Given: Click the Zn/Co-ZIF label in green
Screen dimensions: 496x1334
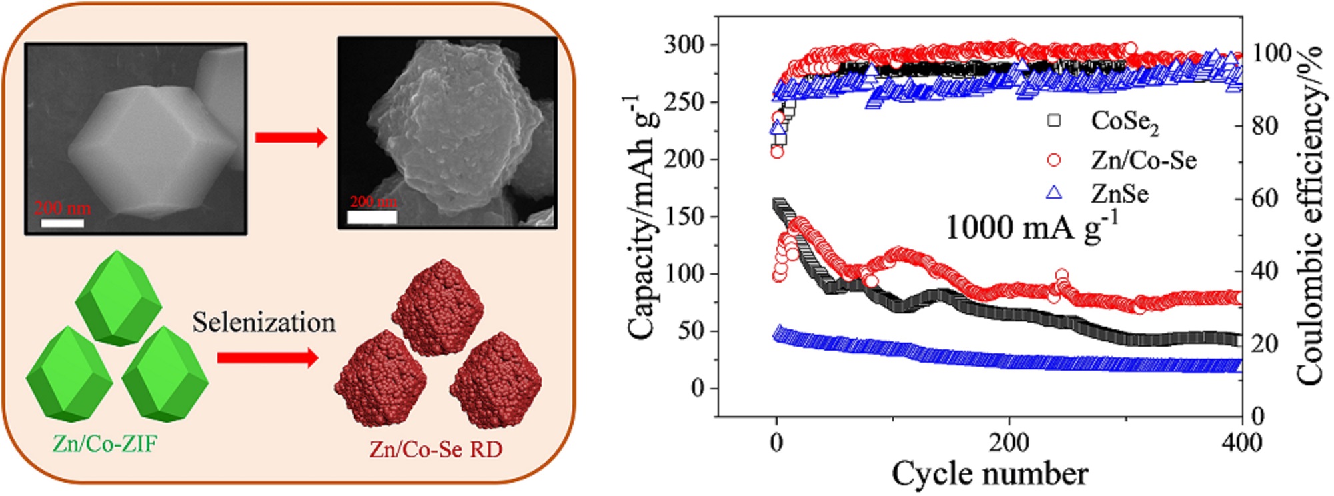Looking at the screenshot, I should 105,443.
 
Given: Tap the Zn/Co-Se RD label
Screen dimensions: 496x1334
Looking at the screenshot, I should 436,449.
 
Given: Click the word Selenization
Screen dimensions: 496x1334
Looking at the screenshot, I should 264,323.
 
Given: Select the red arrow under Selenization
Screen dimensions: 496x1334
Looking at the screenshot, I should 267,358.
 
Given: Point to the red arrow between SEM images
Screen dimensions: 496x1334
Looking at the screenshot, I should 291,138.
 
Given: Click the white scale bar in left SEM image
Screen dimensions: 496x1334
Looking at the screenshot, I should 63,223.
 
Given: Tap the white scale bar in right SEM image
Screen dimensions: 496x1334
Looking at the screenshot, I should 372,217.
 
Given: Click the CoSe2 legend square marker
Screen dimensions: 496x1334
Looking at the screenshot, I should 1054,121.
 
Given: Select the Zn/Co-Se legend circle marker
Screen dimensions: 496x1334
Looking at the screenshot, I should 1054,160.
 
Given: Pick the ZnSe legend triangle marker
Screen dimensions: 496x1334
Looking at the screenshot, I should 1054,193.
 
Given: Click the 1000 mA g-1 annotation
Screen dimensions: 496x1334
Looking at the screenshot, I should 1031,227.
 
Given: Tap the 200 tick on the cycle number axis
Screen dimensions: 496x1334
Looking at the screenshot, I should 1009,442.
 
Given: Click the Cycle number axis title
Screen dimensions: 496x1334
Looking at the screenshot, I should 990,475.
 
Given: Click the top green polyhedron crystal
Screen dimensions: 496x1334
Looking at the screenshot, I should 119,298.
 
